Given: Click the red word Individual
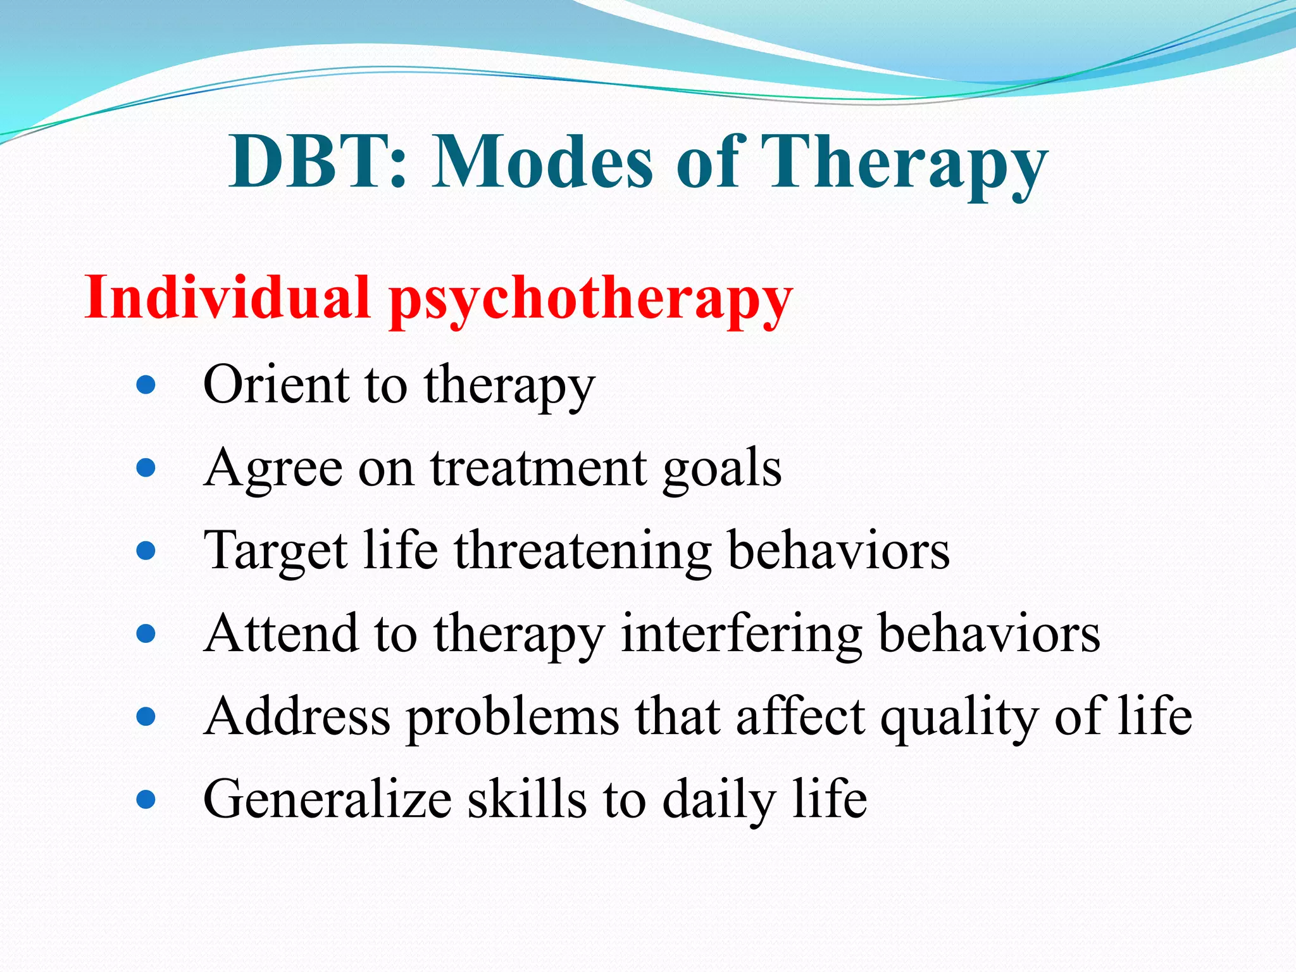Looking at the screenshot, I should pyautogui.click(x=227, y=297).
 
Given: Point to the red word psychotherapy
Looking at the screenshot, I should pyautogui.click(x=590, y=301).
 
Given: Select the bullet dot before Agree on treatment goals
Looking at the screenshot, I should pyautogui.click(x=146, y=468).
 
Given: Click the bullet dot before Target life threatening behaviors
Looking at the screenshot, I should pyautogui.click(x=146, y=551).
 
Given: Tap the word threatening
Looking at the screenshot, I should pyautogui.click(x=583, y=551).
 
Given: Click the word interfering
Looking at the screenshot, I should pyautogui.click(x=741, y=634).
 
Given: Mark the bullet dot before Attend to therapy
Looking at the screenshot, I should pyautogui.click(x=146, y=633).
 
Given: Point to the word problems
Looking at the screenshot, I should pyautogui.click(x=513, y=718).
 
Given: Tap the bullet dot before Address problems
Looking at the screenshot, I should pyautogui.click(x=146, y=716).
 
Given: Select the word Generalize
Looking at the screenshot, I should pyautogui.click(x=327, y=799).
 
